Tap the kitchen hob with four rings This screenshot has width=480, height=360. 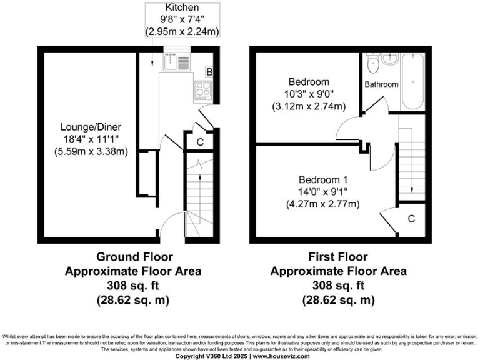(x=203, y=90)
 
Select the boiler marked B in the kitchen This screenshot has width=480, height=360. (x=209, y=72)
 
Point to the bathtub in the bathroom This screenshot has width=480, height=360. (x=412, y=81)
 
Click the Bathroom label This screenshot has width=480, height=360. (x=381, y=84)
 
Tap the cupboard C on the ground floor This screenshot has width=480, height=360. (x=200, y=142)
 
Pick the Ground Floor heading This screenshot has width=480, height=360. (x=134, y=256)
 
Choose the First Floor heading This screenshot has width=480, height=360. (x=338, y=256)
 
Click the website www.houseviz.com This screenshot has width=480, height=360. (x=281, y=356)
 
